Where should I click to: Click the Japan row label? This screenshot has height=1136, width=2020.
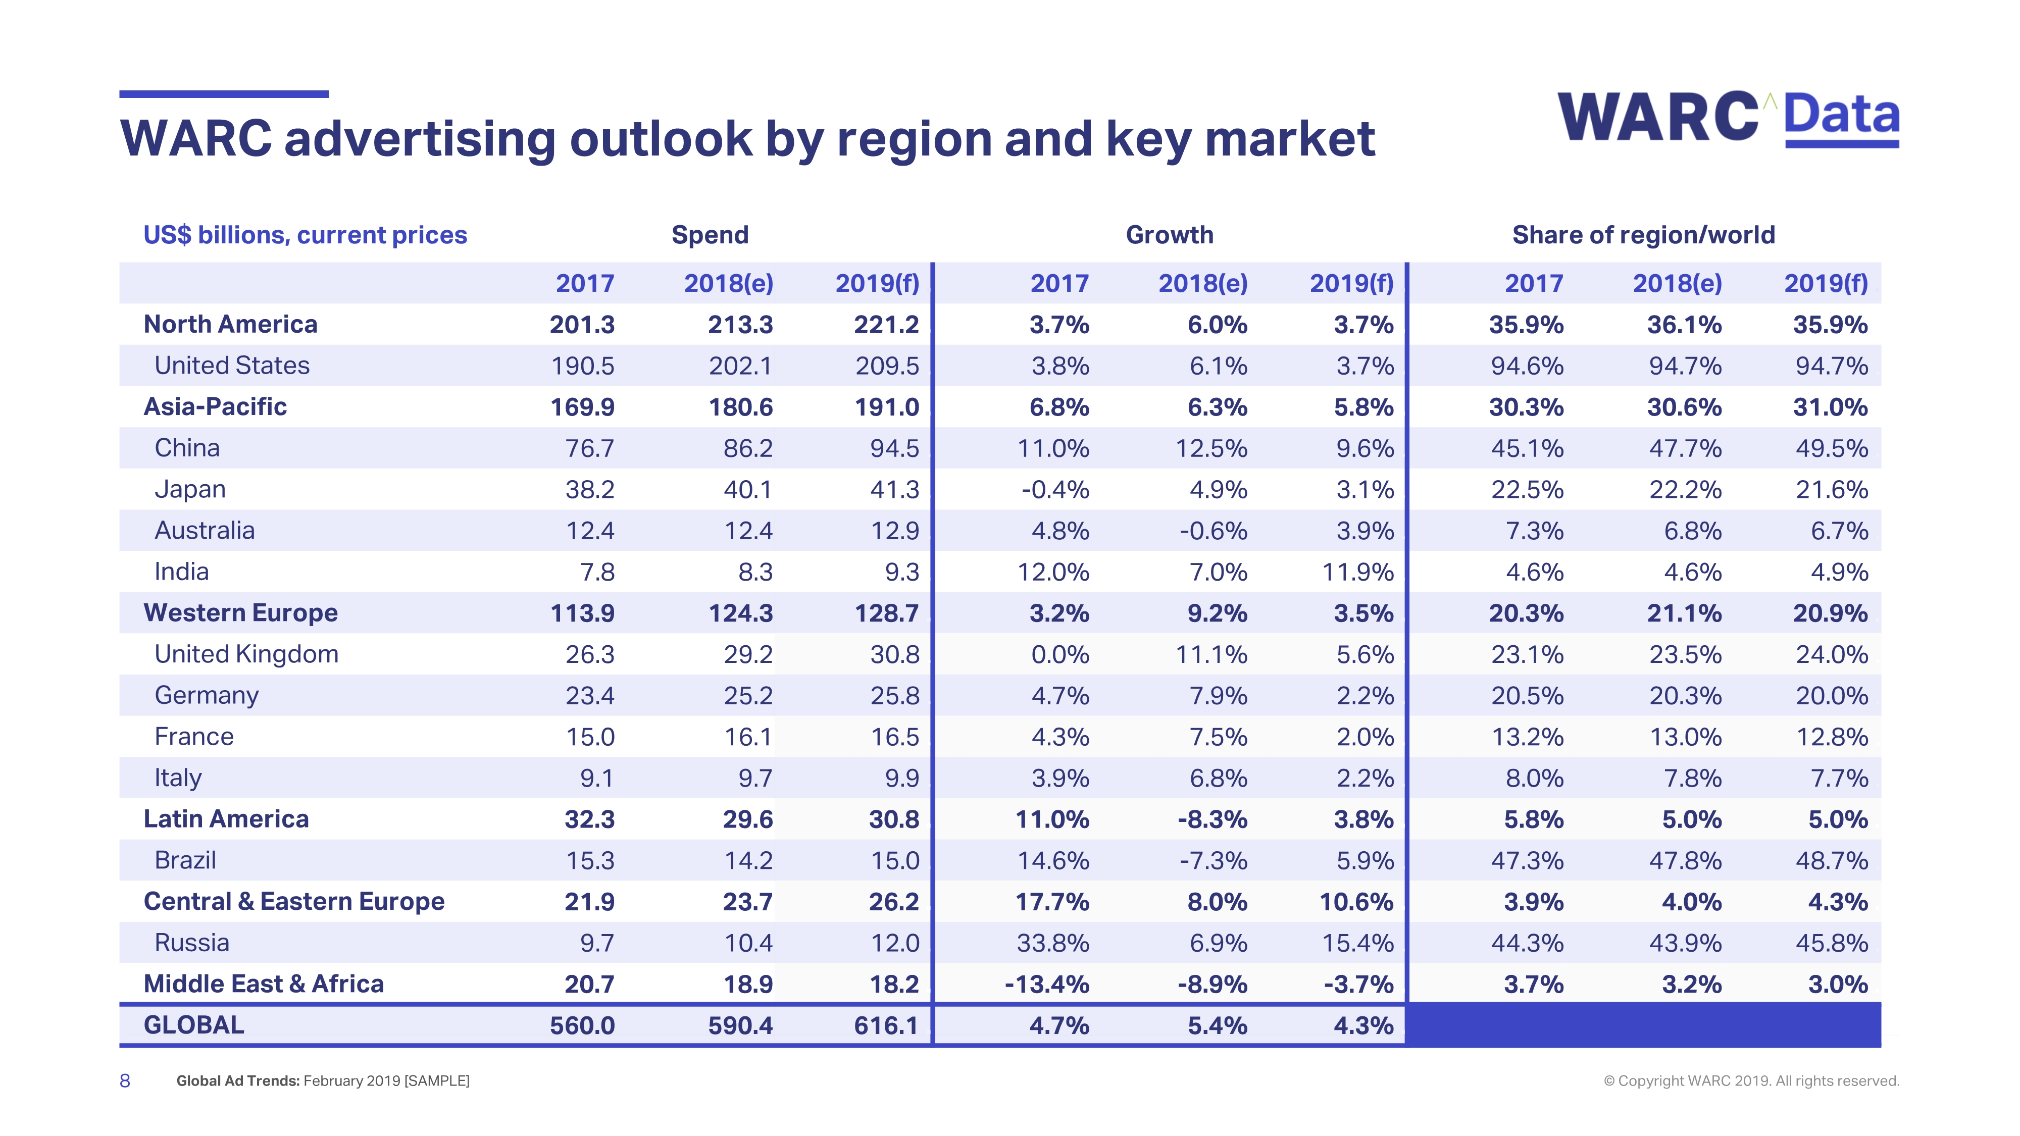point(190,489)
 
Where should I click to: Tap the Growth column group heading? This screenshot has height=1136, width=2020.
point(1169,235)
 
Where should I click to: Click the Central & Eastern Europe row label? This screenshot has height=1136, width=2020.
point(294,902)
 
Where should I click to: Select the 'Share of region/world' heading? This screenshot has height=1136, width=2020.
point(1643,235)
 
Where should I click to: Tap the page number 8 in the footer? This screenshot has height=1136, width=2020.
point(125,1081)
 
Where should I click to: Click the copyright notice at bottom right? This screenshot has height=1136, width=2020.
point(1751,1081)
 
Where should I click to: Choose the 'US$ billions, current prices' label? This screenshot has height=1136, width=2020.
point(305,235)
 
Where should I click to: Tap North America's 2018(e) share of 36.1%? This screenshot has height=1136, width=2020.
point(1684,325)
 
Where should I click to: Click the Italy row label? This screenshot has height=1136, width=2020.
point(178,778)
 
